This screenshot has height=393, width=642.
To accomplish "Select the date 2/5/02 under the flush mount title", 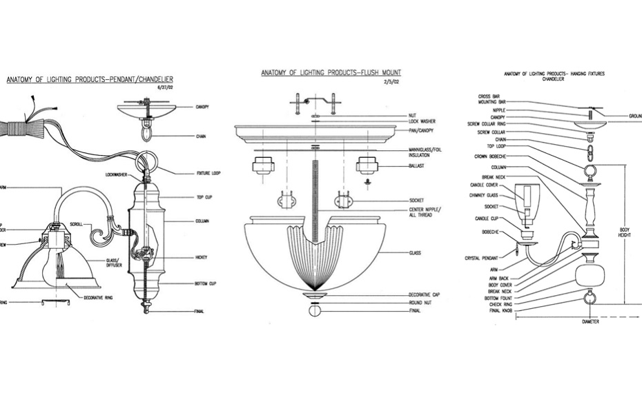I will (392, 81).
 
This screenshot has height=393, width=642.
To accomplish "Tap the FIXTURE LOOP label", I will (208, 172).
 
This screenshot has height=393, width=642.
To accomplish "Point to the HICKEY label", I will (201, 257).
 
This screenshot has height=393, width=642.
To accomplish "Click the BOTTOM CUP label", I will (206, 283).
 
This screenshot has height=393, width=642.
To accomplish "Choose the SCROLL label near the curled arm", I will (77, 224).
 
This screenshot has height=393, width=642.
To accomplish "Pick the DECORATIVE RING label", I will (99, 297).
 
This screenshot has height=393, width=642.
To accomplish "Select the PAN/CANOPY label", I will (422, 130).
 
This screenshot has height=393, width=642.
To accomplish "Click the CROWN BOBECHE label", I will (491, 157).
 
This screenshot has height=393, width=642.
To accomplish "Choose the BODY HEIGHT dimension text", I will (625, 232).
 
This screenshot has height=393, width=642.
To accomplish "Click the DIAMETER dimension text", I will (590, 321).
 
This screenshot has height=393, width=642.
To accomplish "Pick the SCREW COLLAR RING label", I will (487, 124).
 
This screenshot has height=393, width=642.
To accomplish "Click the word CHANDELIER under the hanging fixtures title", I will (554, 79).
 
